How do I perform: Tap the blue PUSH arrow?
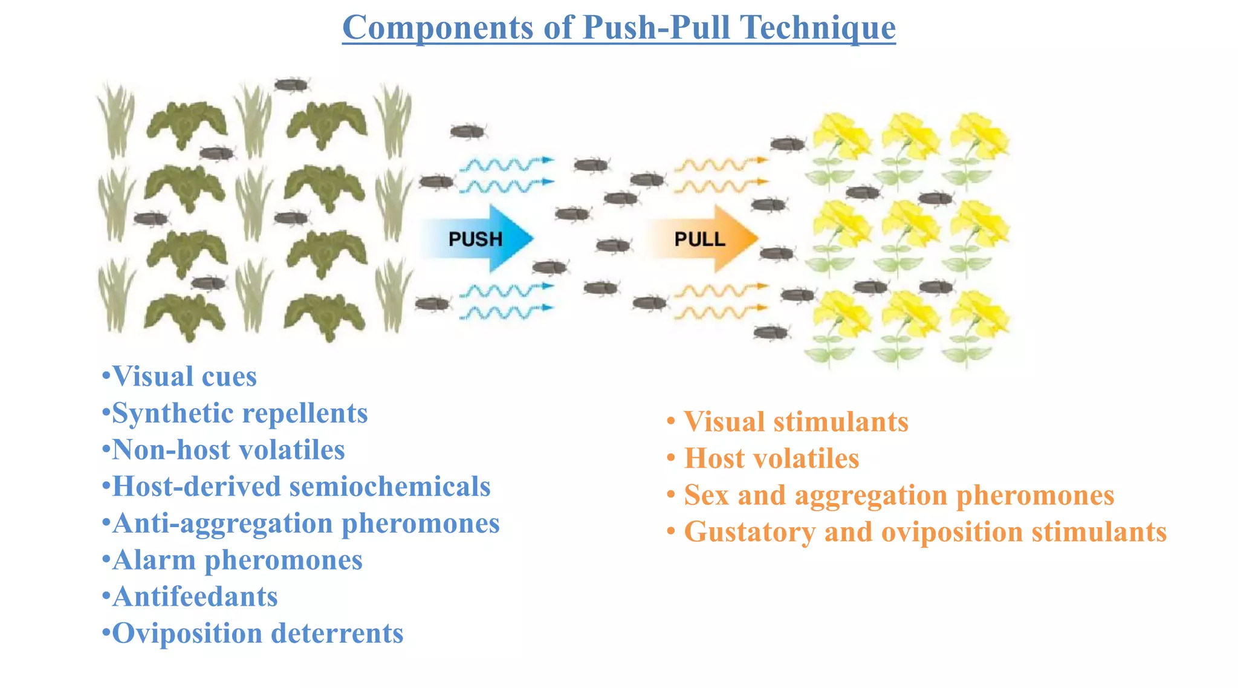pyautogui.click(x=478, y=239)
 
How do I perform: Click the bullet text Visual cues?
pyautogui.click(x=184, y=377)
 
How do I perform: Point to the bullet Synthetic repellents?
pyautogui.click(x=239, y=414)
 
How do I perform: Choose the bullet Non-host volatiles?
pyautogui.click(x=228, y=450)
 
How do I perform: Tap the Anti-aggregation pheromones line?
pyautogui.click(x=305, y=524)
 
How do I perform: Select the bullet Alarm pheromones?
pyautogui.click(x=237, y=560)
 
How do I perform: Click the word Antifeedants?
pyautogui.click(x=195, y=597)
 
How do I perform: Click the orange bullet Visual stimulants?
pyautogui.click(x=796, y=422)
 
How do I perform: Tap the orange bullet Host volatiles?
pyautogui.click(x=771, y=459)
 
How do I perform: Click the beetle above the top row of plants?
pyautogui.click(x=291, y=85)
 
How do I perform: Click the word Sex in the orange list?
pyautogui.click(x=706, y=496)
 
